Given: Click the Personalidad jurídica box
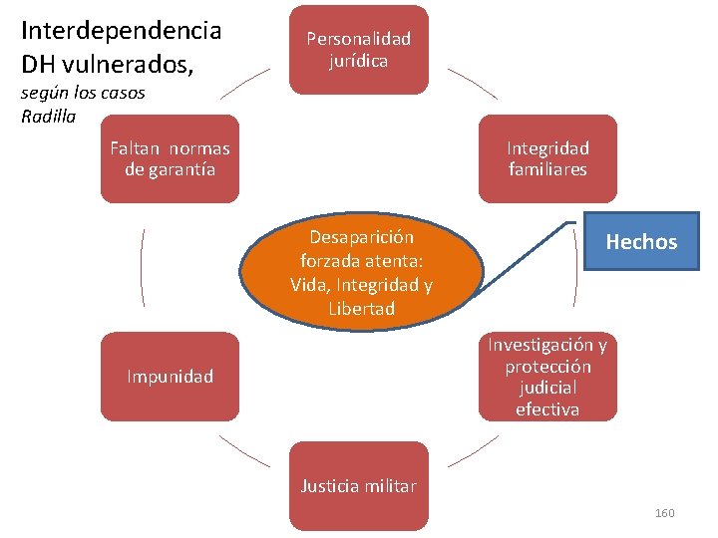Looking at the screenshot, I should coord(359,50).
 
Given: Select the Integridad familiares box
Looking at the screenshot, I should coord(547,159).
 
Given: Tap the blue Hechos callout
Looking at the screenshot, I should coord(641,241).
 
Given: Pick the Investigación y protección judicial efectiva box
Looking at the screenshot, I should coord(547,377).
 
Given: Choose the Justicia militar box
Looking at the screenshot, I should coord(359,486).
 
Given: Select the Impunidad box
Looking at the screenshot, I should coord(170,377).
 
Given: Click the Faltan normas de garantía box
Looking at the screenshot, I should coord(170,159).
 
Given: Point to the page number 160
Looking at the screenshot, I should coord(664,513).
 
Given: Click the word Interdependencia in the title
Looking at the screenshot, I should coord(121,30).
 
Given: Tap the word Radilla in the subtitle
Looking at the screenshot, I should coord(47,115).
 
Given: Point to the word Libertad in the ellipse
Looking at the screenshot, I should coord(361,309).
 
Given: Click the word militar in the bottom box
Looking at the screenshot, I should coord(390,486).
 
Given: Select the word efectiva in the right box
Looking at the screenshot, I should coord(547,409).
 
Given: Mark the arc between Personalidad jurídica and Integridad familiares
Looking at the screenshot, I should coord(474,84).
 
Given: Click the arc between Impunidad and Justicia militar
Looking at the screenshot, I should coord(244,452).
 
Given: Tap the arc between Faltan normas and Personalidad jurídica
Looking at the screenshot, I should coord(244,84).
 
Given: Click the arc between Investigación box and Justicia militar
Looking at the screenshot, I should coord(473,452).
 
